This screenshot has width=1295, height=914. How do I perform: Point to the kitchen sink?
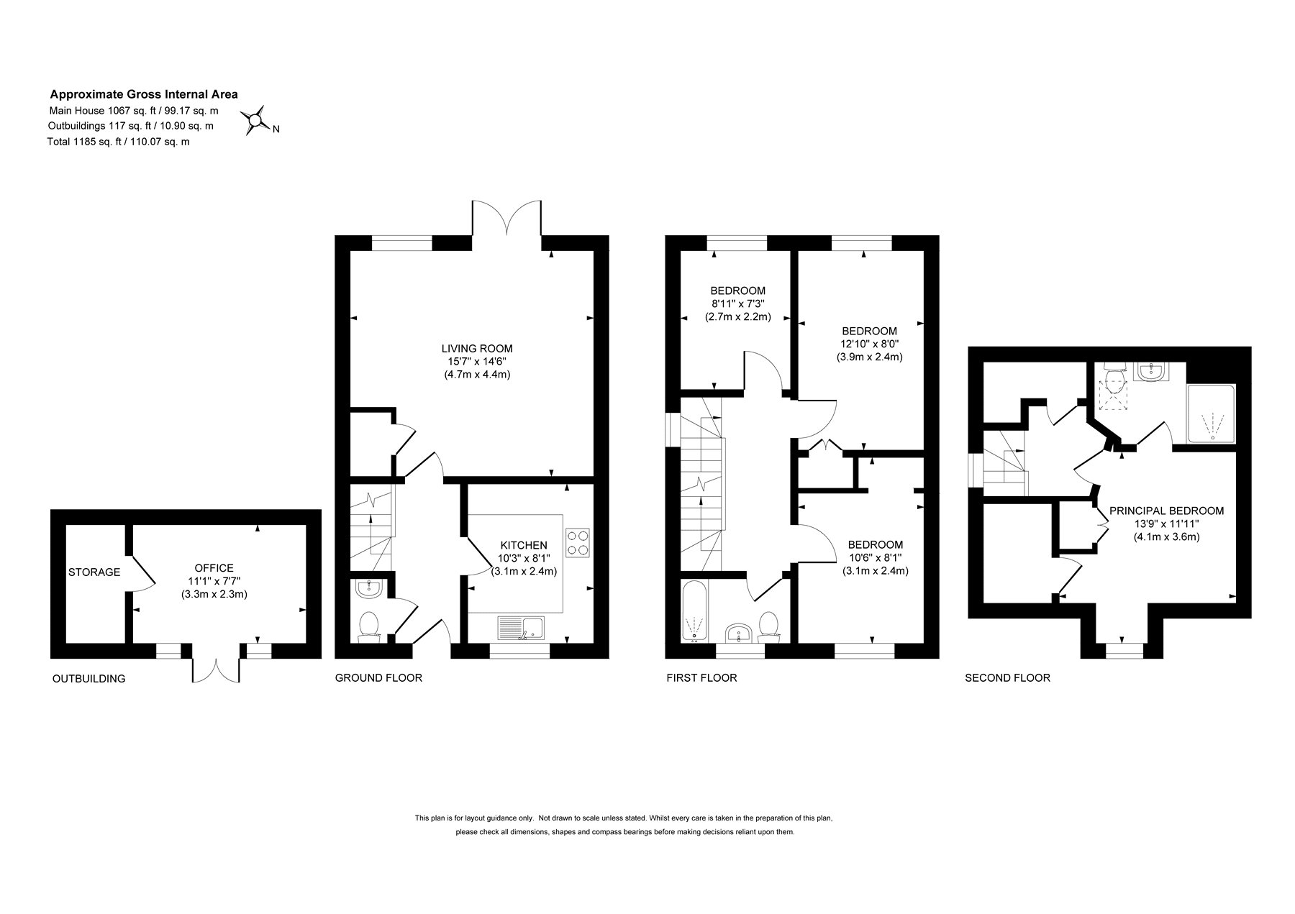pyautogui.click(x=521, y=627)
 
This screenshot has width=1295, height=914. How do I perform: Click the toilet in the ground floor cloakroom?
pyautogui.click(x=369, y=625)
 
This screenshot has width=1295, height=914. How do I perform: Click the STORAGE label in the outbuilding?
pyautogui.click(x=94, y=572)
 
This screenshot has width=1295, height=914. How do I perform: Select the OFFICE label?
pyautogui.click(x=214, y=568)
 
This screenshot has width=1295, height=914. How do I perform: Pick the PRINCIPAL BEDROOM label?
pyautogui.click(x=1166, y=511)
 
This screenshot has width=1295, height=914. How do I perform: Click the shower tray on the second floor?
pyautogui.click(x=1212, y=415)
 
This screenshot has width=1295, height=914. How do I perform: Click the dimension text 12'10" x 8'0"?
pyautogui.click(x=869, y=344)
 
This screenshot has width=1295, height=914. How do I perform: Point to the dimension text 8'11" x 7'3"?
pyautogui.click(x=737, y=303)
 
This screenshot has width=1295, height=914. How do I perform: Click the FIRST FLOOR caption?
pyautogui.click(x=701, y=677)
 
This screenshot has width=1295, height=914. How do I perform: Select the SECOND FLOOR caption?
pyautogui.click(x=1007, y=677)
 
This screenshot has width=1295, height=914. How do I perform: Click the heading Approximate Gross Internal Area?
pyautogui.click(x=144, y=94)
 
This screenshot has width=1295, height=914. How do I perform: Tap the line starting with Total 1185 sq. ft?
pyautogui.click(x=119, y=142)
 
